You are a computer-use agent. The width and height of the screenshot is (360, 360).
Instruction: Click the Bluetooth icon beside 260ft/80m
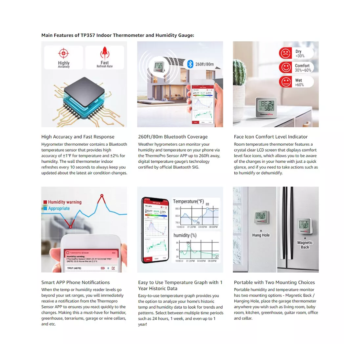[x=190, y=64]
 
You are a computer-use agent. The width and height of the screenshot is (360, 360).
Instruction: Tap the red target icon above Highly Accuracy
[x=63, y=53]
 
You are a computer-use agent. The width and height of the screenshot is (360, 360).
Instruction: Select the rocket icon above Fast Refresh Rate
[x=105, y=52]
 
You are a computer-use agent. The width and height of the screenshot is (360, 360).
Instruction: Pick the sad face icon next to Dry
[x=285, y=53]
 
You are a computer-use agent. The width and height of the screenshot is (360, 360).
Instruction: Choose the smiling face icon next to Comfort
[x=285, y=67]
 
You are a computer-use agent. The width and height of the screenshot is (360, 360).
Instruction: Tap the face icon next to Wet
[x=285, y=82]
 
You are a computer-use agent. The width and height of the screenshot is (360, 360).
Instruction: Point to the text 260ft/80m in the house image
[x=205, y=64]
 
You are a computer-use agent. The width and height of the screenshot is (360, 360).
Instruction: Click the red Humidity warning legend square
[x=45, y=202]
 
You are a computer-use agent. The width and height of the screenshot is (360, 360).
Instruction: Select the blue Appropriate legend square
[x=45, y=208]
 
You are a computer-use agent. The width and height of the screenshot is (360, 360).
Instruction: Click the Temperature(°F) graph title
[x=188, y=202]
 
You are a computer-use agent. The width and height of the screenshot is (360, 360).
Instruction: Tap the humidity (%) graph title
[x=185, y=235]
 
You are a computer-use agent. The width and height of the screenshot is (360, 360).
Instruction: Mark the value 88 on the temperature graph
[x=207, y=204]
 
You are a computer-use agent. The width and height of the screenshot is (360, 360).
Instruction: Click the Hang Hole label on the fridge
[x=261, y=235]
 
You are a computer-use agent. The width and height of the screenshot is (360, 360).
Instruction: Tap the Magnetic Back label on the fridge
[x=305, y=245]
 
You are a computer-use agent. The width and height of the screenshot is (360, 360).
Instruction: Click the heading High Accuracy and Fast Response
[x=78, y=137]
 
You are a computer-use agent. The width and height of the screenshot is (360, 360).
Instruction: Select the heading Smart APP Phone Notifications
[x=76, y=282]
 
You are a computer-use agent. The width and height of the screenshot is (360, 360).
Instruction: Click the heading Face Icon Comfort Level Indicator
[x=271, y=137]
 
